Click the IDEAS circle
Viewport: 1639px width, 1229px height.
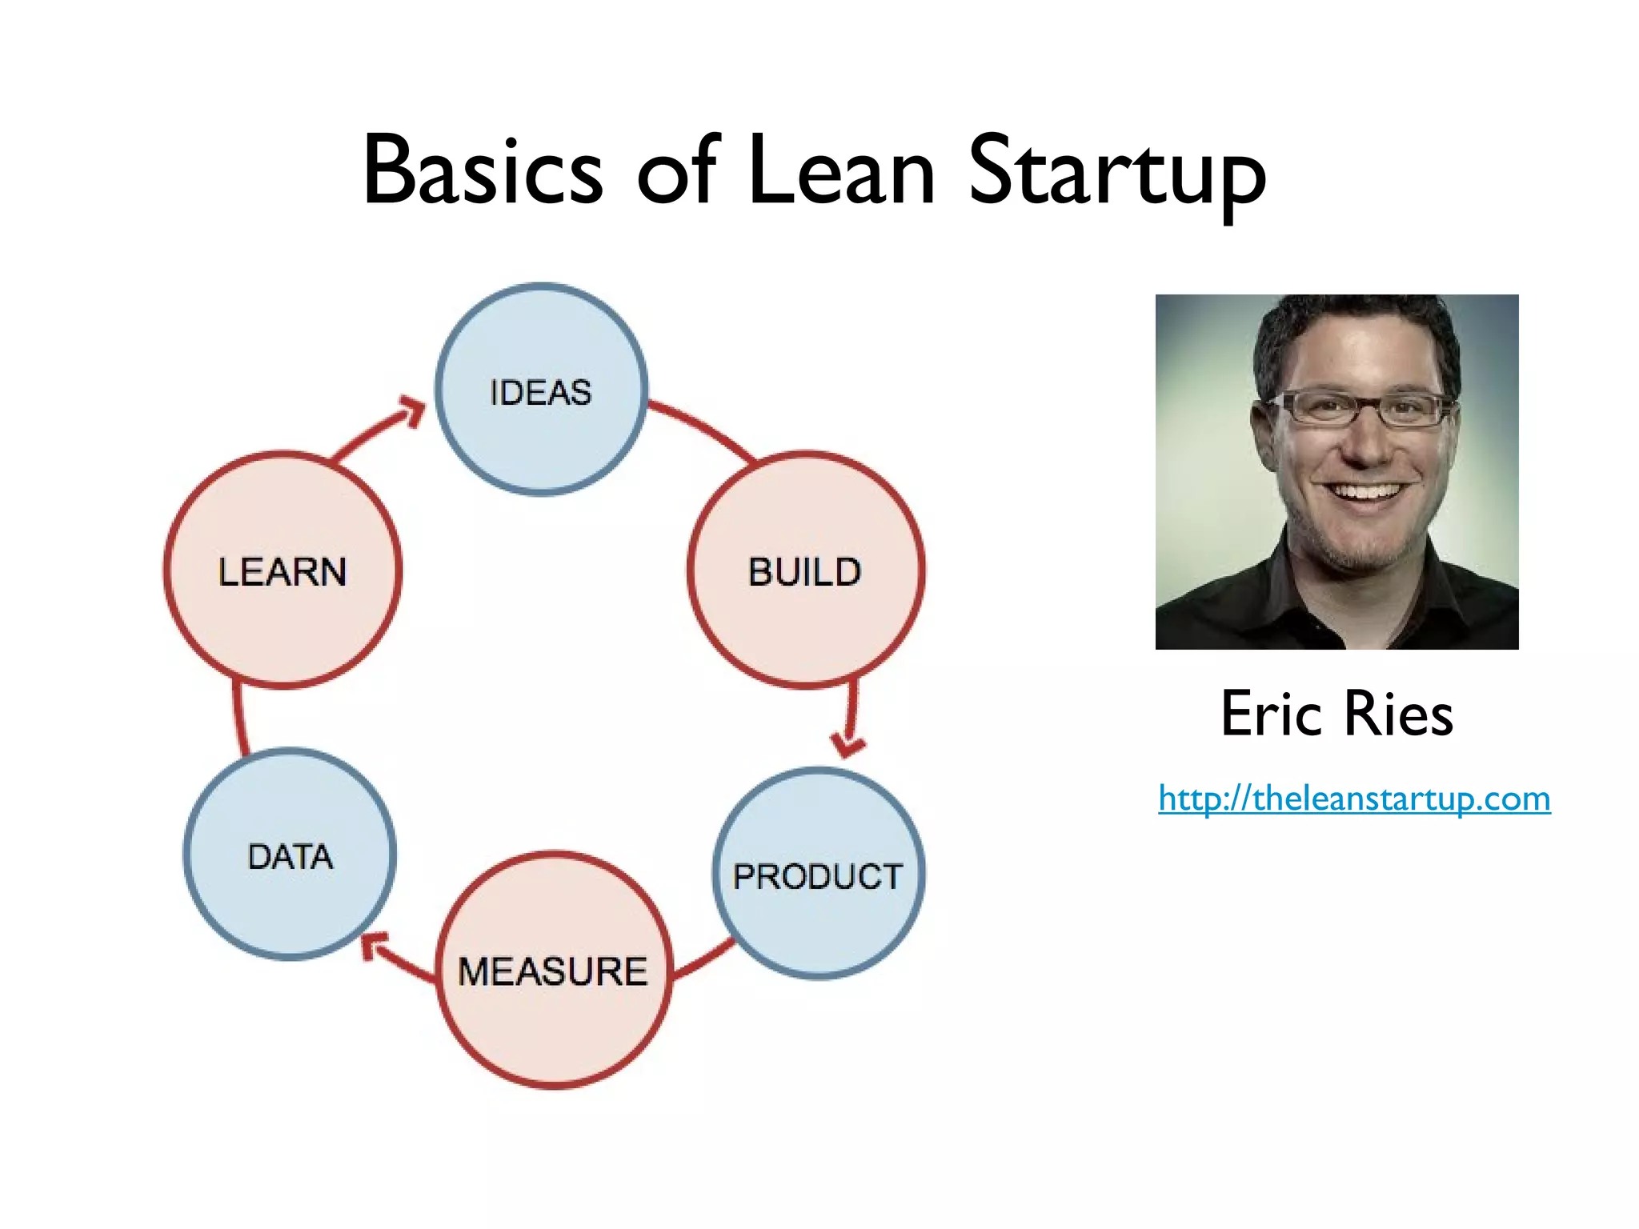[x=541, y=390]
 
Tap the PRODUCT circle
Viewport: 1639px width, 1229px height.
[x=818, y=873]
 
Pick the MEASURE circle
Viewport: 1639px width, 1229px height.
[x=554, y=970]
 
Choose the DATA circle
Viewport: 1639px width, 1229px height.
[x=290, y=854]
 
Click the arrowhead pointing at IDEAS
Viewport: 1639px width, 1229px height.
[x=413, y=410]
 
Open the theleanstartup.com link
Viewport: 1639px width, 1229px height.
[x=1354, y=799]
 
